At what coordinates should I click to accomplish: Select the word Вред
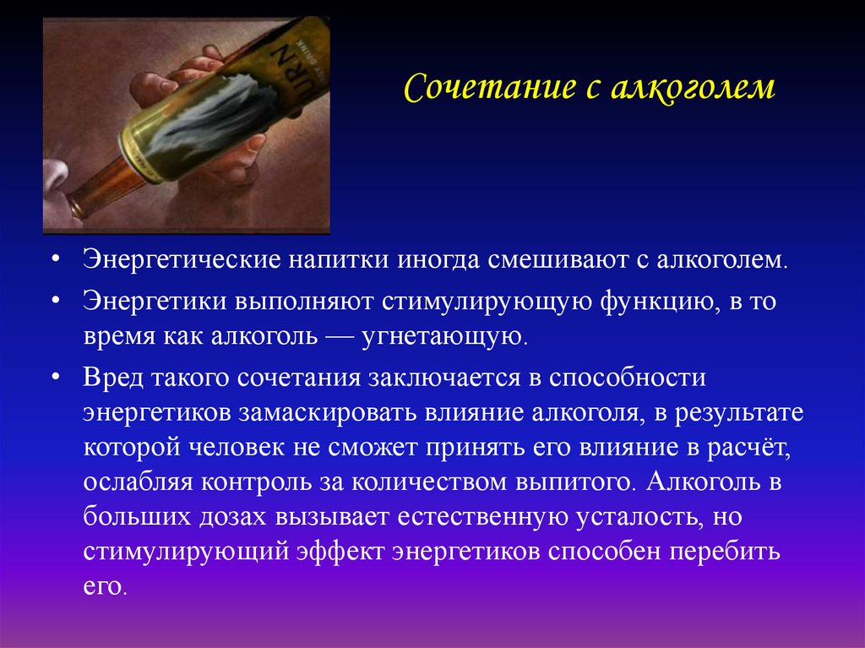point(113,378)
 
